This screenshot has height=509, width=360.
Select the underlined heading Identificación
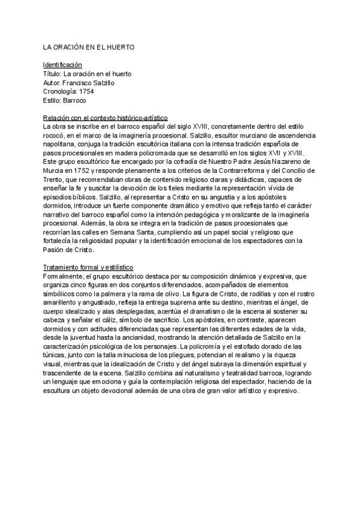click(x=62, y=64)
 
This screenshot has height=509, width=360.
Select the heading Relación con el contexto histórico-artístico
click(x=105, y=118)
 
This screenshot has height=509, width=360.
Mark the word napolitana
click(x=59, y=145)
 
